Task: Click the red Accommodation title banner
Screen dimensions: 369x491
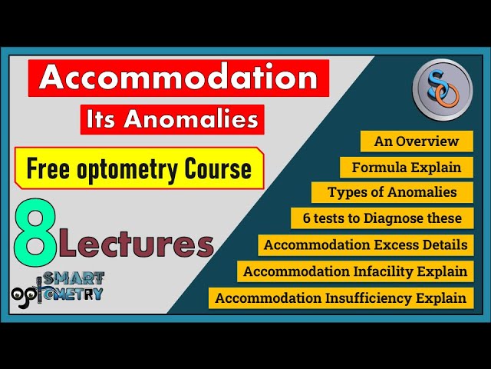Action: pyautogui.click(x=178, y=78)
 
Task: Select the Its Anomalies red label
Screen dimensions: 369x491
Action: pyautogui.click(x=172, y=120)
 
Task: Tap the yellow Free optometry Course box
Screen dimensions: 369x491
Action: pyautogui.click(x=139, y=168)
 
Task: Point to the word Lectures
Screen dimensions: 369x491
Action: pyautogui.click(x=137, y=244)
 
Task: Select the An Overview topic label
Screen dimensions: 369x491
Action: pyautogui.click(x=416, y=141)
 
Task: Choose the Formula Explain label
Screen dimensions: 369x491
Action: pyautogui.click(x=406, y=168)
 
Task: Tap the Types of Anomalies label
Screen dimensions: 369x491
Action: pyautogui.click(x=391, y=192)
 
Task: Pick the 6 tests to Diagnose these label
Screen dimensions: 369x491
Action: pyautogui.click(x=381, y=218)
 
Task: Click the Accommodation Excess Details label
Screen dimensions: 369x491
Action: pyautogui.click(x=365, y=245)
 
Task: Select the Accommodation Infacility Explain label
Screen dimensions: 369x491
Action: pyautogui.click(x=354, y=271)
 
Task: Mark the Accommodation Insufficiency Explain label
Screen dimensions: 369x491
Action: pyautogui.click(x=341, y=298)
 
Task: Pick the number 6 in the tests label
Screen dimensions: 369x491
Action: pyautogui.click(x=307, y=218)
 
